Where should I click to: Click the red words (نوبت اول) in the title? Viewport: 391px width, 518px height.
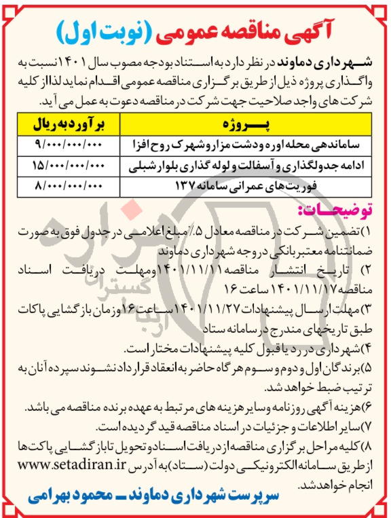(103, 31)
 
